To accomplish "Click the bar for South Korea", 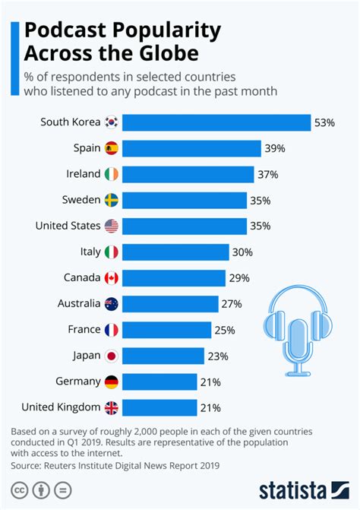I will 216,122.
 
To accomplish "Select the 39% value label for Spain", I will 275,148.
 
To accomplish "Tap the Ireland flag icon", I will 112,174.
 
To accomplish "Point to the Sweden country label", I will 81,200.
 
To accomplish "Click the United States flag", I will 112,226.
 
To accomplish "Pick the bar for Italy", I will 175,252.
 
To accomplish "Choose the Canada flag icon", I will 112,278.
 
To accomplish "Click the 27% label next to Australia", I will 232,304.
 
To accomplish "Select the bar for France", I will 166,330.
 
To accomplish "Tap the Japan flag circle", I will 112,356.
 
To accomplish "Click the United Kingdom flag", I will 112,408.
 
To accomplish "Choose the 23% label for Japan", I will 216,356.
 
